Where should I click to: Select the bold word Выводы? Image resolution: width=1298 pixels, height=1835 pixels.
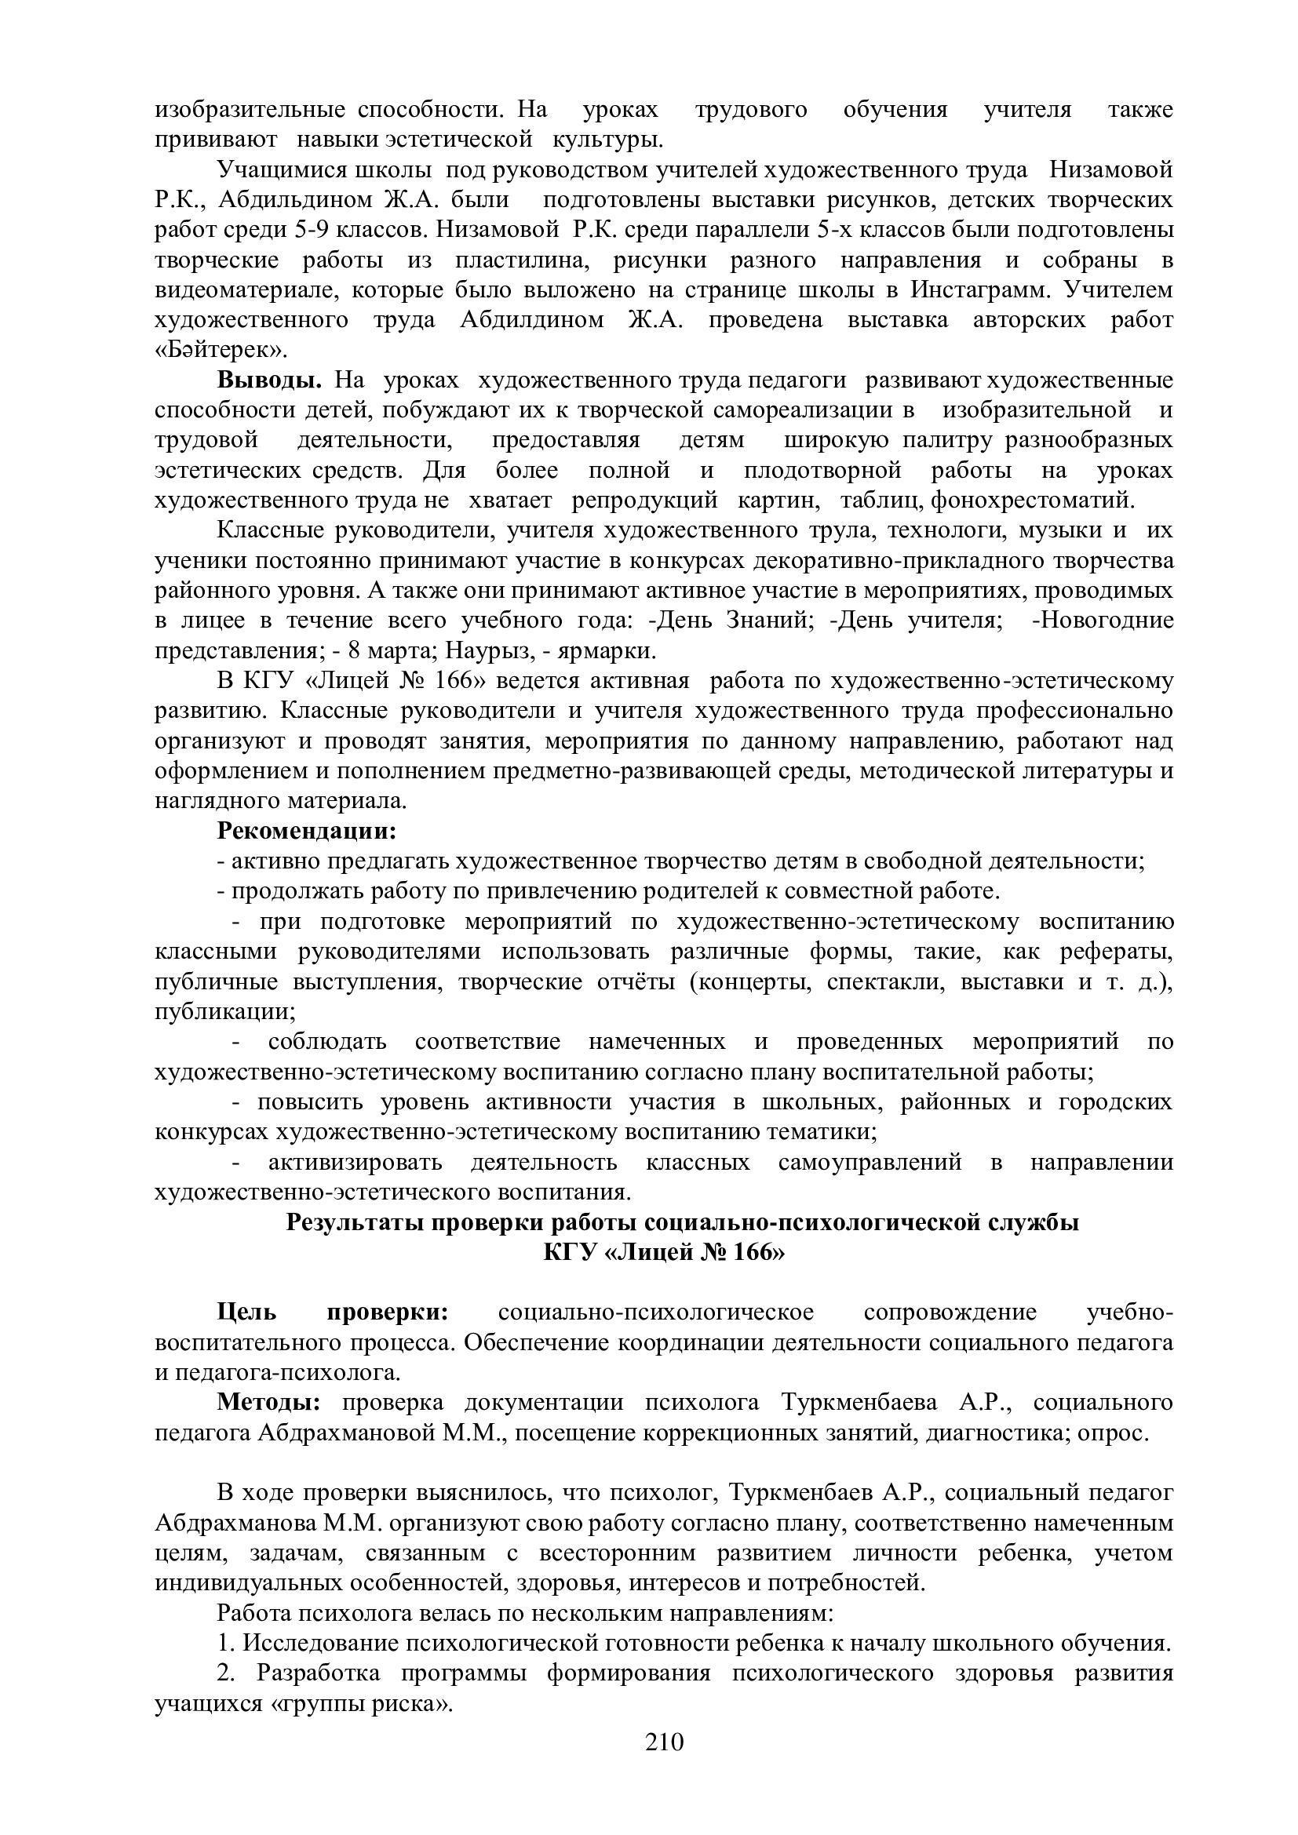(269, 380)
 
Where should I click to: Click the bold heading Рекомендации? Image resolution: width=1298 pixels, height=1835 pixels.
(307, 830)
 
